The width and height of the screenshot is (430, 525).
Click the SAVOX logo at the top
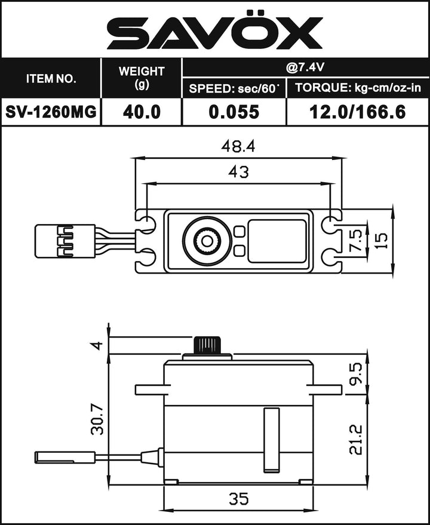point(215,33)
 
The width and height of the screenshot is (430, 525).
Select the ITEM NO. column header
point(51,78)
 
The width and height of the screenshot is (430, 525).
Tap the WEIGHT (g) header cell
point(142,78)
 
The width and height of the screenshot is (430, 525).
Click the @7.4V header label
point(305,67)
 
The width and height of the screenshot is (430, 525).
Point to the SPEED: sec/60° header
point(234,88)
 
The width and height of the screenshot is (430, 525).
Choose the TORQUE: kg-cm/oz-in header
point(357,88)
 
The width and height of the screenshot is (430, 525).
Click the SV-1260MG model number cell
point(51,112)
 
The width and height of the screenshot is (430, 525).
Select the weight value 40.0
point(142,112)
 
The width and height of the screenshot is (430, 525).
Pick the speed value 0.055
point(234,112)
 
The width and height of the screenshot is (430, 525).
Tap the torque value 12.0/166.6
point(357,112)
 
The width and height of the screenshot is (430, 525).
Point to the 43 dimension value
point(238,172)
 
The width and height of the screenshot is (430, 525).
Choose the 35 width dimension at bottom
point(238,498)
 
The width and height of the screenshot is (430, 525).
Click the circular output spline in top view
point(207,241)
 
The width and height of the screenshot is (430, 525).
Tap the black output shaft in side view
point(207,345)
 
